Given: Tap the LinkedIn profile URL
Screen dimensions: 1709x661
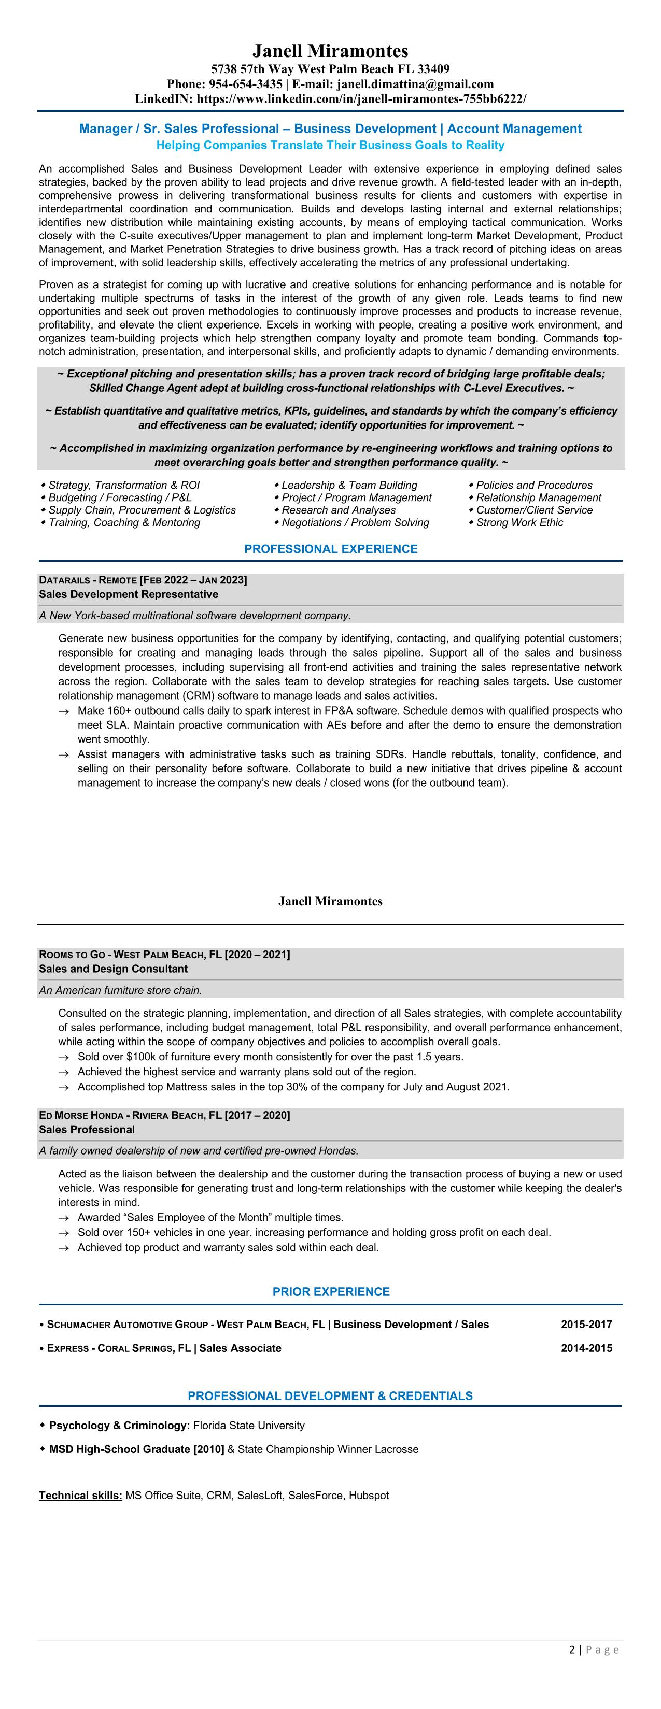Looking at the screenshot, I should coord(362,99).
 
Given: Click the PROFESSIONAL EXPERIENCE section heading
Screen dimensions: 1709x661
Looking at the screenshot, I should coord(331,549).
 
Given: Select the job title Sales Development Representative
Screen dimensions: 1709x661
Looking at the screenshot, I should coord(128,594).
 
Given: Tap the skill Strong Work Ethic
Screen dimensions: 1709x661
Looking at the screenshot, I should coord(519,523).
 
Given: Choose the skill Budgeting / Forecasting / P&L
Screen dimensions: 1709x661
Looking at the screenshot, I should coord(119,497).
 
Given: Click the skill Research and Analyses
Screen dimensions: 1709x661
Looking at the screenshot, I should coord(339,510).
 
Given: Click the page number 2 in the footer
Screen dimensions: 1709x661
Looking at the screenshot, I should coord(572,1649).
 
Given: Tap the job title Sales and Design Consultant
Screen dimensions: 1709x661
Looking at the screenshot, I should coord(113,969).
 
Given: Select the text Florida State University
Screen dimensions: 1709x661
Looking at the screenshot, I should coord(249,1425).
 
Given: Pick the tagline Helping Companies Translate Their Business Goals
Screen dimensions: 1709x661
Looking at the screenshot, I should coord(331,145).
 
